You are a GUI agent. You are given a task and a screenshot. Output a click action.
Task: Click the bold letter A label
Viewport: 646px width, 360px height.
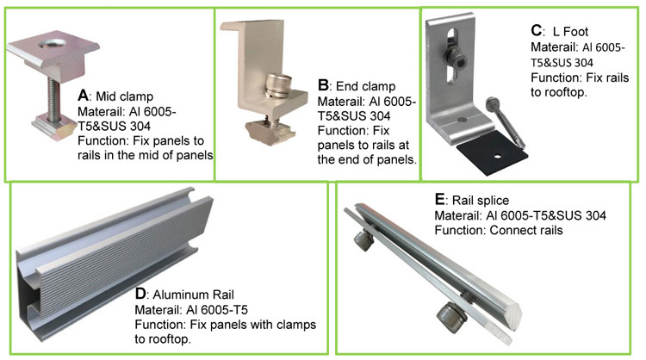(84, 94)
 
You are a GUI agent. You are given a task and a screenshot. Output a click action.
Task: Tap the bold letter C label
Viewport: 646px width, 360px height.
(535, 31)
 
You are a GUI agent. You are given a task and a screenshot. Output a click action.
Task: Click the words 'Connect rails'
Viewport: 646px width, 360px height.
(526, 231)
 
